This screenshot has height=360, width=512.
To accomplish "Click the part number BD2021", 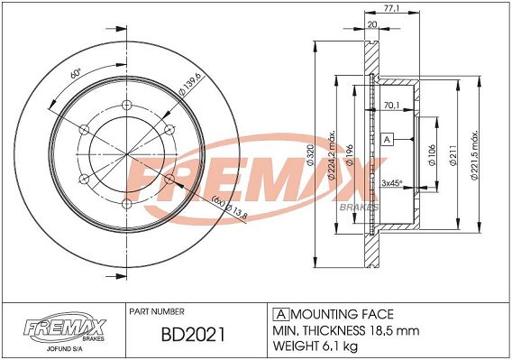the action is tap(193, 335).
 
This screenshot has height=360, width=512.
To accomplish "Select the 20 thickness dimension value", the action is tap(372, 24).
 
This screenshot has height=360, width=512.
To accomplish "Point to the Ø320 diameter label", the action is tap(310, 154).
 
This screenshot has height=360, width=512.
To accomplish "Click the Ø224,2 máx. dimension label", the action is tap(333, 155).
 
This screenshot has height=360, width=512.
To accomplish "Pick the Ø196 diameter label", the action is tap(350, 155).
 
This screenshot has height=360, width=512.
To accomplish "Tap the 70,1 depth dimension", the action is tap(391, 106).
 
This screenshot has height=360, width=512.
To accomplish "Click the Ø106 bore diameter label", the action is tap(432, 155).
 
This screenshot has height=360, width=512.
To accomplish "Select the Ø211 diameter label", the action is tap(453, 155).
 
